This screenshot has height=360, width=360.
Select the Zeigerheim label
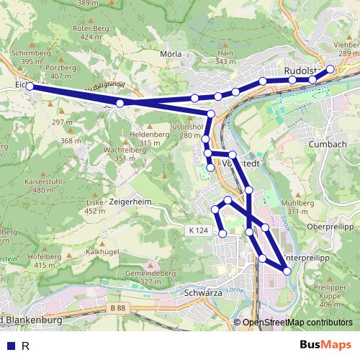click(x=130, y=202)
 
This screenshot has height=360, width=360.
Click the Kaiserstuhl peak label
click(x=40, y=181)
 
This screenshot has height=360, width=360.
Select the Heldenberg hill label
click(x=150, y=135)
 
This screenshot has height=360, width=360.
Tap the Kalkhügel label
click(x=102, y=252)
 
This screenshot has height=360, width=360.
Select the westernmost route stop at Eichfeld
click(x=30, y=86)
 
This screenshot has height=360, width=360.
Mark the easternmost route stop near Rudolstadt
click(x=330, y=69)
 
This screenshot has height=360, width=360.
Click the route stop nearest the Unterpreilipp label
click(x=287, y=271)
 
